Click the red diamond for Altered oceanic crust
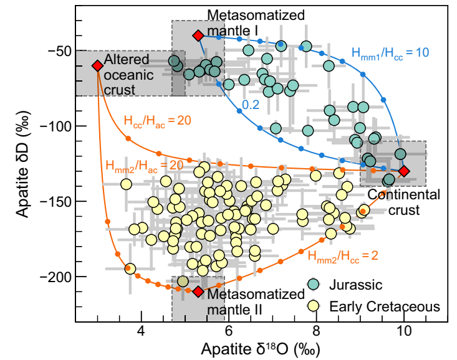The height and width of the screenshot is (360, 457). [98, 65]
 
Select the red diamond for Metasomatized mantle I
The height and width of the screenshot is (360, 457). [198, 36]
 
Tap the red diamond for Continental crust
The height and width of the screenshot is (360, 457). [405, 171]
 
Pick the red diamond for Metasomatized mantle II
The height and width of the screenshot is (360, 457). [198, 291]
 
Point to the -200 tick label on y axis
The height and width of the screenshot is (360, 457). [55, 277]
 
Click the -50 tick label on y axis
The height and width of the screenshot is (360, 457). [58, 51]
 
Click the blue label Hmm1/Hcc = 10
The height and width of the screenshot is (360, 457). [390, 53]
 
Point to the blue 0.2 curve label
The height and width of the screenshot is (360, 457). [251, 105]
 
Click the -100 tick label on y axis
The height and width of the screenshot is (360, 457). [55, 126]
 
